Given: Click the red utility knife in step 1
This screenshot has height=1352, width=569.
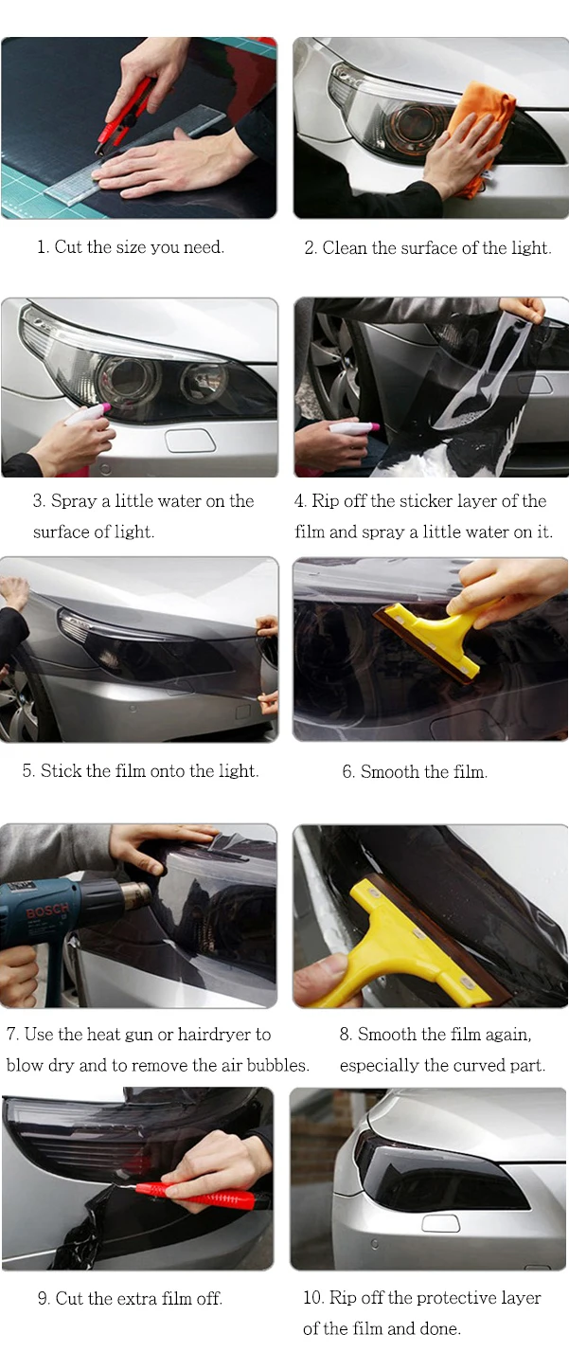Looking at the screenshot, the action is pos(122,114).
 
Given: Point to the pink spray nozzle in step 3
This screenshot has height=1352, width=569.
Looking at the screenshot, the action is pos(105,408).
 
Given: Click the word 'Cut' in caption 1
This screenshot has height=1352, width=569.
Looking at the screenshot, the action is pos(68,247).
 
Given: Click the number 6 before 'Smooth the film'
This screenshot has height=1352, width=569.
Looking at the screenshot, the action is pos(348,772).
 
